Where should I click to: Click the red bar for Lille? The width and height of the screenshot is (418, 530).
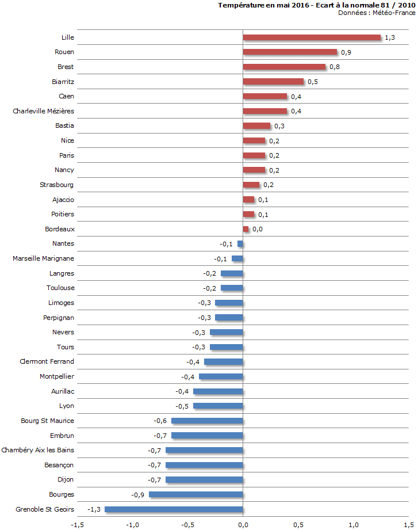coord(312,37)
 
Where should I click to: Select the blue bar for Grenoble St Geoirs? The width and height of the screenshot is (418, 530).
coord(174,509)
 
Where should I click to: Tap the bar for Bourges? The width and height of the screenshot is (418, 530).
coord(195,494)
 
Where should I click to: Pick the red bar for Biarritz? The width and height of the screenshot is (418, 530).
coord(273,82)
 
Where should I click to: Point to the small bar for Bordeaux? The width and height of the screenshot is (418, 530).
coord(246,229)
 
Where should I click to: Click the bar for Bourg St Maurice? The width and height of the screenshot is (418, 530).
coord(207,421)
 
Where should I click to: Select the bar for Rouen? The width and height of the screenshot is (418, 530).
coord(290,52)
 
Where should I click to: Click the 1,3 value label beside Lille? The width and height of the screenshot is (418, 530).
coord(390,38)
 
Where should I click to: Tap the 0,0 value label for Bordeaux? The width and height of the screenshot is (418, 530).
coord(257,230)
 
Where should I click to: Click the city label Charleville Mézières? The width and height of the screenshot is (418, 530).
coord(43,111)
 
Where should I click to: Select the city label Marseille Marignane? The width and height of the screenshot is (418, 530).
coord(43,258)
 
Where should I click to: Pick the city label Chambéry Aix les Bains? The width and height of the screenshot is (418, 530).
coord(38,450)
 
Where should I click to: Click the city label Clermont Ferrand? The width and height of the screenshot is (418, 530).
coord(47,361)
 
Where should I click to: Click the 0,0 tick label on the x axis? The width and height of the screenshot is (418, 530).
coord(243,524)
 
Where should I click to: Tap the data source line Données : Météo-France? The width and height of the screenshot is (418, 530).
coord(376,13)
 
